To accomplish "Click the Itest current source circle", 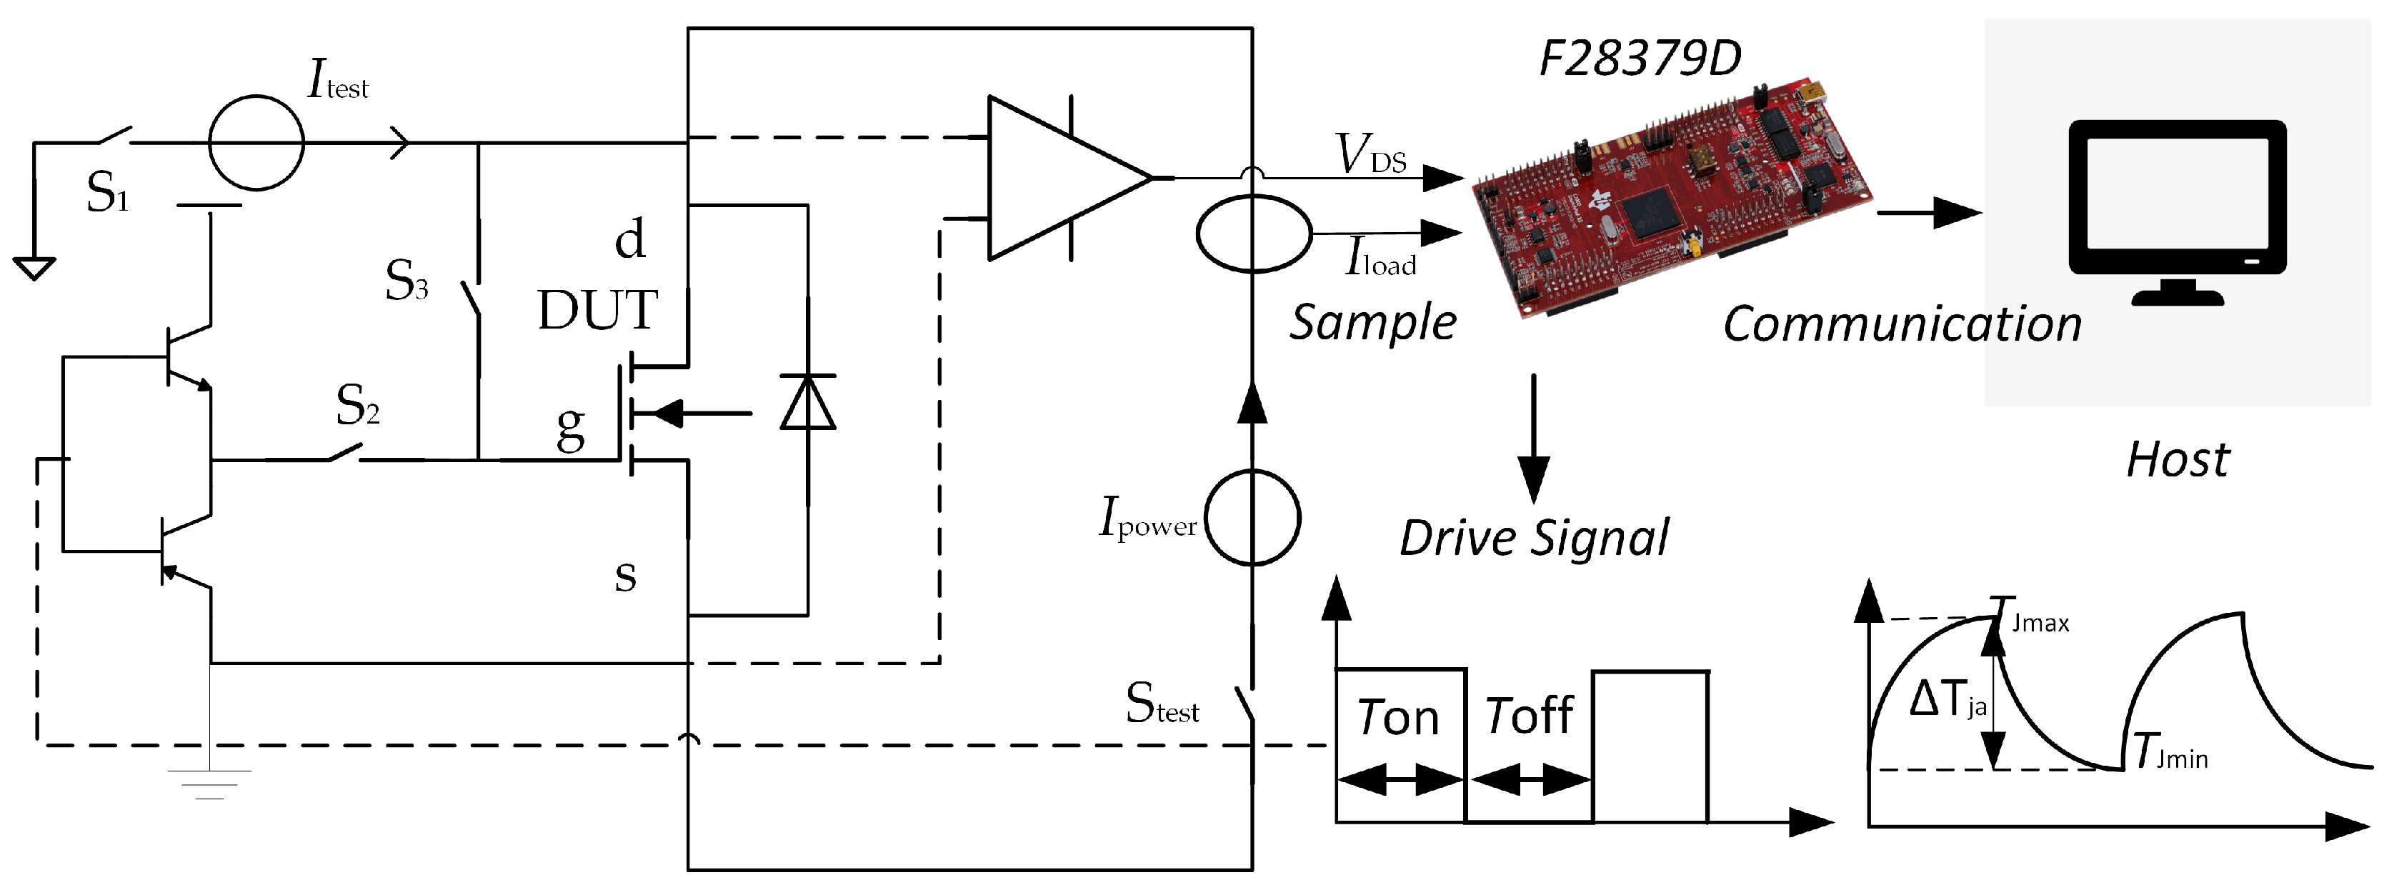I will [x=256, y=143].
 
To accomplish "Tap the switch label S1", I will [x=106, y=193].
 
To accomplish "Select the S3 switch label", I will [x=407, y=280].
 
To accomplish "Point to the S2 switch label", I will [x=357, y=406].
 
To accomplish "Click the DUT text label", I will [x=597, y=310].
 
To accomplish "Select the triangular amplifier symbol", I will [x=1067, y=177].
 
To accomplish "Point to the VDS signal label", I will [x=1370, y=155].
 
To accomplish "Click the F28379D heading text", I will [x=1639, y=59].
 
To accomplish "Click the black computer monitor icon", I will [x=2178, y=209].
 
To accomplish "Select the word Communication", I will [x=1901, y=325].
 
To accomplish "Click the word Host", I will [x=2177, y=460].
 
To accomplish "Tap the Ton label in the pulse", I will [x=1397, y=718].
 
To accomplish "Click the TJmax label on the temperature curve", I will [x=2031, y=618].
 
